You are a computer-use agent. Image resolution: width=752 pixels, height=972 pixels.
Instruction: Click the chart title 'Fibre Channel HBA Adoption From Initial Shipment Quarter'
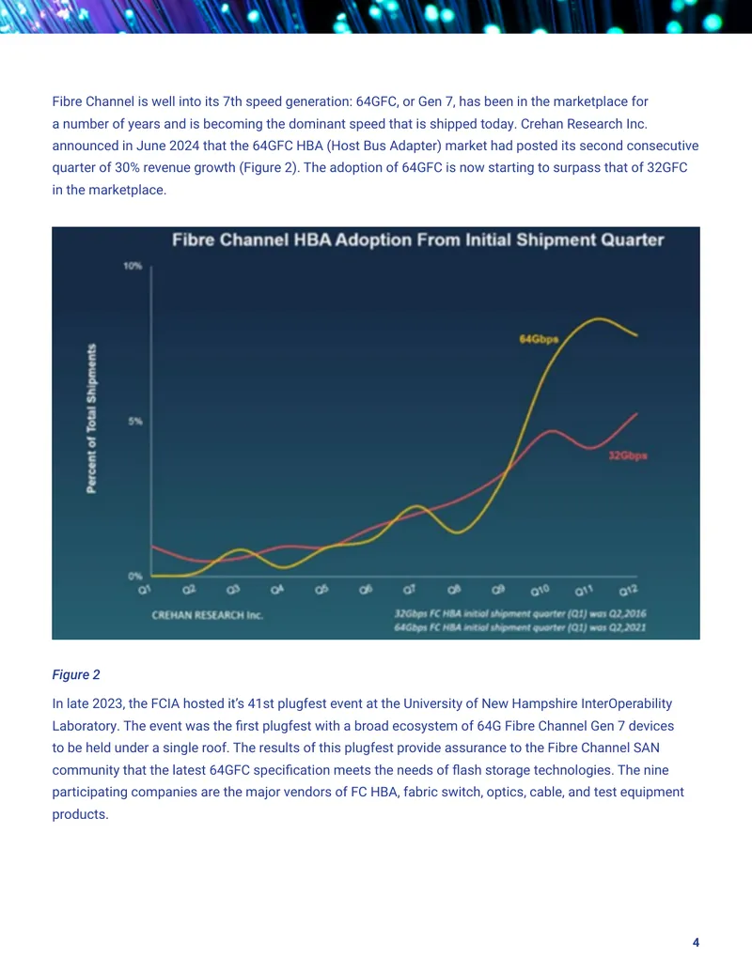[x=417, y=239]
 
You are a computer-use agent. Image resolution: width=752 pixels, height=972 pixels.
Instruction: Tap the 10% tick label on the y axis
[x=133, y=266]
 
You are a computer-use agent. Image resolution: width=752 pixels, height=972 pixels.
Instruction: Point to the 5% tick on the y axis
[x=134, y=422]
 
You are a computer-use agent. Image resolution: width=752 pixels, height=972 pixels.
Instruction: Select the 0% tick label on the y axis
[x=134, y=576]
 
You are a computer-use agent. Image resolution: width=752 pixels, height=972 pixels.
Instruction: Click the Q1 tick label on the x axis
[x=145, y=590]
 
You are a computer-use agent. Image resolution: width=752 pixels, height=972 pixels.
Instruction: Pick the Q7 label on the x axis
[x=409, y=590]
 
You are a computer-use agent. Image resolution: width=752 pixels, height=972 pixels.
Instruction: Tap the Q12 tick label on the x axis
[x=629, y=591]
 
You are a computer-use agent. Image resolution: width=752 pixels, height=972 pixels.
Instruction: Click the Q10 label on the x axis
[x=540, y=591]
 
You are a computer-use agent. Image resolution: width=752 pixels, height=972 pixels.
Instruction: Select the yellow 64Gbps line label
[x=539, y=339]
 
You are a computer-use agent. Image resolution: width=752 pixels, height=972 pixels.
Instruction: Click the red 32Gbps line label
[x=628, y=455]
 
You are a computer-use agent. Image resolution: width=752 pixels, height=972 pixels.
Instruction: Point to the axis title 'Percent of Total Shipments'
[x=91, y=419]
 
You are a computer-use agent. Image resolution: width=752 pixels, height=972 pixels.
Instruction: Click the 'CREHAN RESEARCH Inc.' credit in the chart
[x=207, y=615]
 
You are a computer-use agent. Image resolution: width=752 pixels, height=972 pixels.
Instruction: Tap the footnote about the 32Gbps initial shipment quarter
[x=520, y=613]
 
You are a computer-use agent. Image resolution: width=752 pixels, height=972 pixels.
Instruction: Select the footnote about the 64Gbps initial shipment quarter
[x=520, y=627]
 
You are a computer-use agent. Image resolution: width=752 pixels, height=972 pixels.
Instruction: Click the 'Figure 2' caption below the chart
[x=76, y=674]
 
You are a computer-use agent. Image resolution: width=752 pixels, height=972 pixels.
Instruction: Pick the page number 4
[x=696, y=942]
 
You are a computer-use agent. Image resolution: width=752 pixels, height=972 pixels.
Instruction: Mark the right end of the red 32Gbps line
[x=637, y=413]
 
